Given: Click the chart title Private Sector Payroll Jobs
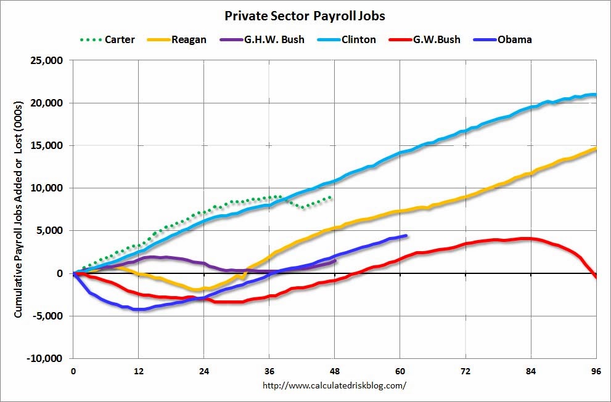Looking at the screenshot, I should (305, 15).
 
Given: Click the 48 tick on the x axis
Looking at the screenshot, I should (335, 372).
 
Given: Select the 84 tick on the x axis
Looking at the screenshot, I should (531, 372).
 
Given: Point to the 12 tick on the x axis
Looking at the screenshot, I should (139, 372).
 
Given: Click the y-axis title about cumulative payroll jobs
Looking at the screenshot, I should (18, 209).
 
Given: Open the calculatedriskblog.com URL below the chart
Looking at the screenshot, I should (335, 386).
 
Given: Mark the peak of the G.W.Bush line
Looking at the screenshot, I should (525, 238).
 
